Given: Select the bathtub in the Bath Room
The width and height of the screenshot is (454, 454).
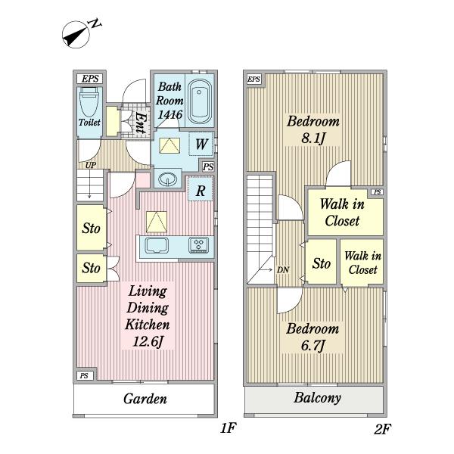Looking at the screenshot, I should pos(200,101).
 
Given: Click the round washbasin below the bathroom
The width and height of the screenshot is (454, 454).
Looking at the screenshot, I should pos(167,179).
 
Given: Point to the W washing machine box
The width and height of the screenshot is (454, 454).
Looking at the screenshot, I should pos(201,144).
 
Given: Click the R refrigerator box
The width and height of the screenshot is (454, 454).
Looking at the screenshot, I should pos(201,191).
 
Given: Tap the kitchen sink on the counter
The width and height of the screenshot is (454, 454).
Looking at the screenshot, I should pos(157,246).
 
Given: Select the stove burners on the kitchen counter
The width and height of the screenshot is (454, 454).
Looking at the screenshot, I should pos(198,245).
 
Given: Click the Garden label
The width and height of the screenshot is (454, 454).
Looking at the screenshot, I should pos(145,399).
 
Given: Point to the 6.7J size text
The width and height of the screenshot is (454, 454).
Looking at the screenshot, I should pos(312,347).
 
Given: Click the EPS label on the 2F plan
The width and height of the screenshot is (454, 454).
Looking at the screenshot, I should pos(253,79).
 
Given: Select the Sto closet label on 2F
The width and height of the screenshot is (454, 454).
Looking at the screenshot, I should pos(321,263).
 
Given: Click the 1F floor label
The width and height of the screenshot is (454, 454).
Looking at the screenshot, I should pos(229,429).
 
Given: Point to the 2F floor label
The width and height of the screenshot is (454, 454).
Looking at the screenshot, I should pos(382,429).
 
